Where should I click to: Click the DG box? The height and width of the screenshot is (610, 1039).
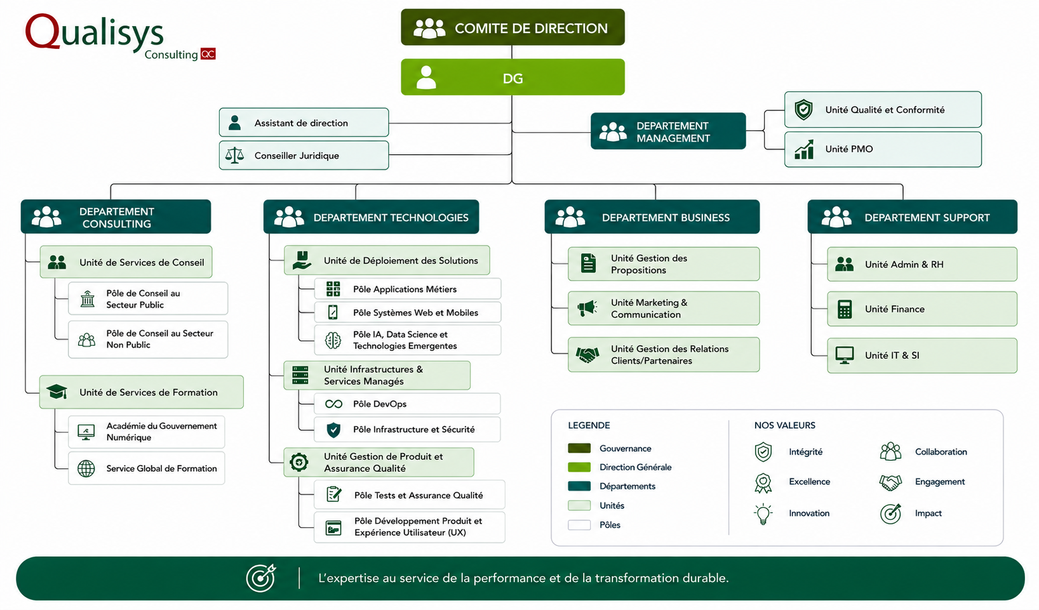513,77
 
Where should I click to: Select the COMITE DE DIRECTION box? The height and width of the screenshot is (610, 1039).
513,27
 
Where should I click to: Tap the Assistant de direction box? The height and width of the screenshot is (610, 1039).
304,123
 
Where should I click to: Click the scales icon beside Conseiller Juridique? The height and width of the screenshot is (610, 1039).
235,156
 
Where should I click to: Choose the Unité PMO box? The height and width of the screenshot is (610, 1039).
883,149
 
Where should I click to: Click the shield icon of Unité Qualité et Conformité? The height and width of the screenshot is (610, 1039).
803,110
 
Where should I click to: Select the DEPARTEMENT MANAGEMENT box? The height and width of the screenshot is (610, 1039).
668,131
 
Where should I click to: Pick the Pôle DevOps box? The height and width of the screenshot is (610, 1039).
407,404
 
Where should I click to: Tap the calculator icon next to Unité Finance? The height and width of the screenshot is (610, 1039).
845,309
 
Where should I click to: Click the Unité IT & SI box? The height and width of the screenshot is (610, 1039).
922,355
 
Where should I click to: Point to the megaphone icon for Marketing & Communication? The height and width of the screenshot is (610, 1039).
587,308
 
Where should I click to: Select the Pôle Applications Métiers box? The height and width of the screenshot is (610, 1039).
407,289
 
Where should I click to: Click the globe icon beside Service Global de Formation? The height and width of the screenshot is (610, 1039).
86,468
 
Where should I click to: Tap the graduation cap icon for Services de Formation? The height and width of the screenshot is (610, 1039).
57,392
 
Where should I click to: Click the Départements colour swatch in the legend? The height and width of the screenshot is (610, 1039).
579,486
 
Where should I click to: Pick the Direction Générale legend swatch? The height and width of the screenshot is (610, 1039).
579,467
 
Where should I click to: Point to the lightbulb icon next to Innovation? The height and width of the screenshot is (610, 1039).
763,514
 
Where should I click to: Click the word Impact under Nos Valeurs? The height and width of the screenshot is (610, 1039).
928,513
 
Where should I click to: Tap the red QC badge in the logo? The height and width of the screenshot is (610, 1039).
208,54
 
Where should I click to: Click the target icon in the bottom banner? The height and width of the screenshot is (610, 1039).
261,578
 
